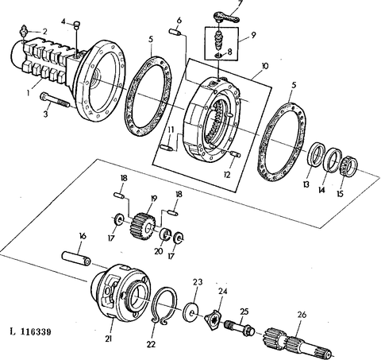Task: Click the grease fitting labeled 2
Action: (x=24, y=31)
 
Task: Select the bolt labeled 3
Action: (x=55, y=100)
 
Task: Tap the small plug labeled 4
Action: (x=77, y=25)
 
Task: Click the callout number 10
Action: (x=265, y=65)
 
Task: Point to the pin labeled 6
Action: (x=175, y=33)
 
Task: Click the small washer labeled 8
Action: (x=219, y=55)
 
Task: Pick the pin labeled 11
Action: (x=167, y=148)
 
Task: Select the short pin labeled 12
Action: (x=235, y=154)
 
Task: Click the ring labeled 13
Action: (x=316, y=155)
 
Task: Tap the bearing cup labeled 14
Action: (x=333, y=160)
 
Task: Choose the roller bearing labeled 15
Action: (x=348, y=167)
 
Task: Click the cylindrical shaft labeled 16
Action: (x=76, y=258)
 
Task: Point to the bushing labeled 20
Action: (x=166, y=233)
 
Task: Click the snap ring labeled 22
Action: (x=164, y=305)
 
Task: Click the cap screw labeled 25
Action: (x=240, y=328)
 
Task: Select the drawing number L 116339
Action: (x=30, y=331)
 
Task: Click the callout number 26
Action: (x=302, y=315)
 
